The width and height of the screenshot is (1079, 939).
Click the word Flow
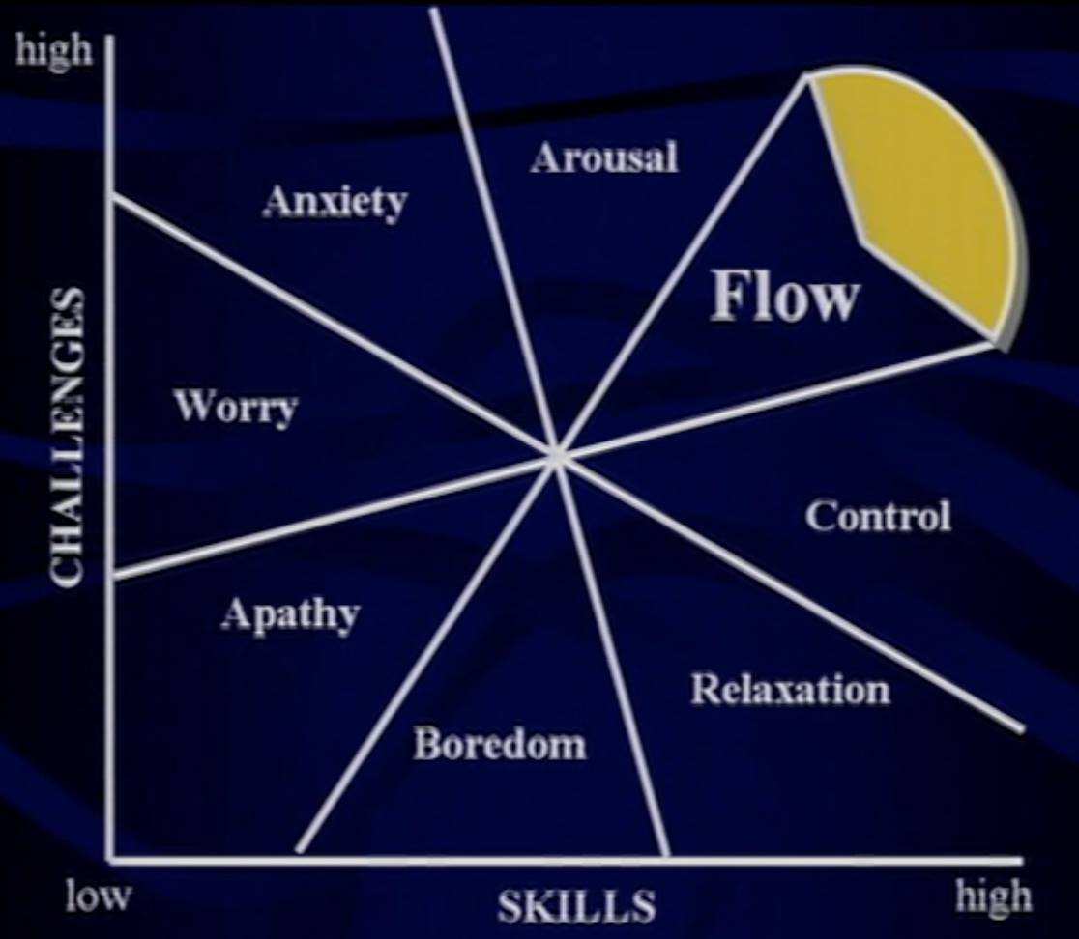click(x=784, y=296)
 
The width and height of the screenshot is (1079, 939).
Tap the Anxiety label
click(x=335, y=202)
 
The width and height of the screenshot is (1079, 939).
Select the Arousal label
click(x=604, y=156)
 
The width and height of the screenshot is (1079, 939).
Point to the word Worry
click(x=236, y=407)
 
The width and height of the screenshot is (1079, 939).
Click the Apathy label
click(x=290, y=614)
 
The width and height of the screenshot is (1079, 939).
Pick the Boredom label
click(x=500, y=744)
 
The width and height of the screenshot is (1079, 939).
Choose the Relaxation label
click(x=790, y=689)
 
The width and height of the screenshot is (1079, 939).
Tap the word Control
click(x=878, y=516)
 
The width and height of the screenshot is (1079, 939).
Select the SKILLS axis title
click(x=576, y=906)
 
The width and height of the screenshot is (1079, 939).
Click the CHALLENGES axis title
click(x=69, y=438)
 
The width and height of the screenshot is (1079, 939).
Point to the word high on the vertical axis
click(x=54, y=51)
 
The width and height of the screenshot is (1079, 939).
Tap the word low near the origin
click(x=98, y=896)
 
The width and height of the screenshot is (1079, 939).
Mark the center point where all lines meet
click(x=557, y=457)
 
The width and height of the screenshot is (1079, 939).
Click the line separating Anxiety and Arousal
click(x=494, y=233)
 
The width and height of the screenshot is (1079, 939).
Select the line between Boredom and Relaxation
click(x=612, y=657)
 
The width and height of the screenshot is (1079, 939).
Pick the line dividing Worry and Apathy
click(x=335, y=516)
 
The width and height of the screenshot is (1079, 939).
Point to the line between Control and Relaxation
click(x=790, y=593)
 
